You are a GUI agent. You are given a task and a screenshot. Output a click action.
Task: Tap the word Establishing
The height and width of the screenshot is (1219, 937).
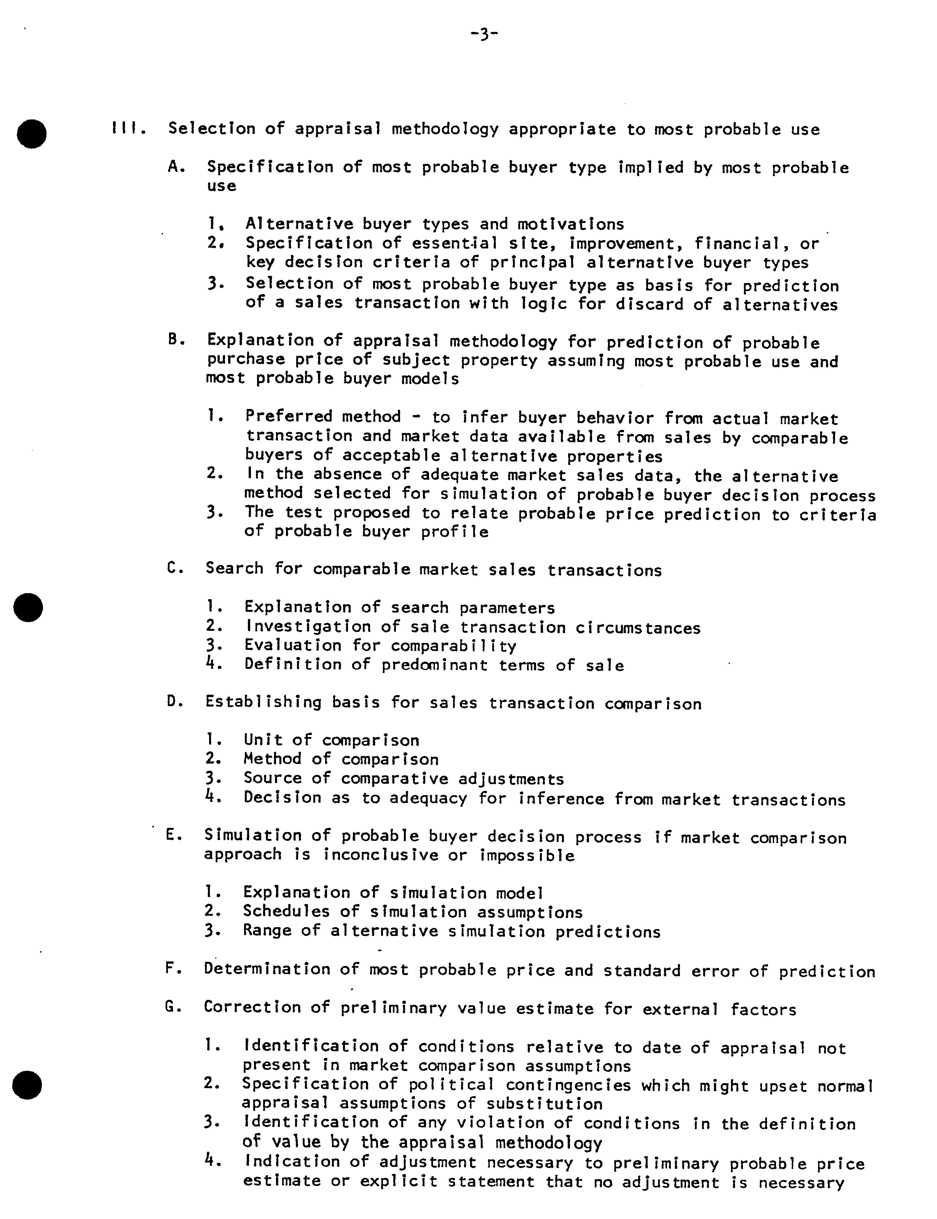[x=263, y=702]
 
